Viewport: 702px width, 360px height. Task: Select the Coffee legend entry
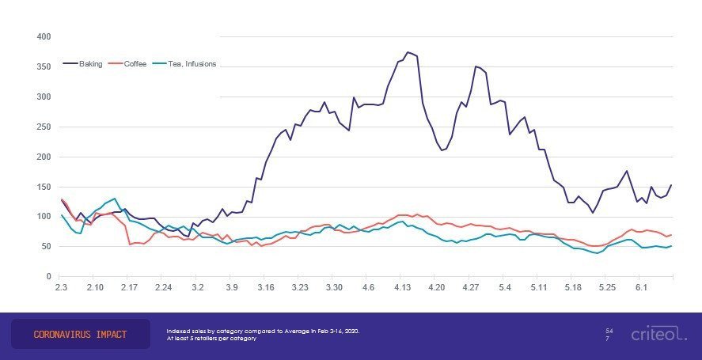tap(135, 63)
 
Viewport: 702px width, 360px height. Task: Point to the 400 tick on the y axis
tap(44, 37)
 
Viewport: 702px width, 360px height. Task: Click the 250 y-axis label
tap(44, 127)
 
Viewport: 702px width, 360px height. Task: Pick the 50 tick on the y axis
tap(46, 247)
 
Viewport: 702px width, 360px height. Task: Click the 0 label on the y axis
tap(48, 276)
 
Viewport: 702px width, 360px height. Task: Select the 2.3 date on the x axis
tap(62, 289)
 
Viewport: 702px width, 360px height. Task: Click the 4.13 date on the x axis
tap(404, 289)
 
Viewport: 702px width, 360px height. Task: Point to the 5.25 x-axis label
tap(607, 289)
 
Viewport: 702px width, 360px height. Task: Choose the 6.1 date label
tap(641, 289)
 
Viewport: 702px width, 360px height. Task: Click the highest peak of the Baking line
tap(408, 52)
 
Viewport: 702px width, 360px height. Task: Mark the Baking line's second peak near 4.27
tap(476, 66)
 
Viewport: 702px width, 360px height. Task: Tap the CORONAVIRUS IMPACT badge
tap(80, 335)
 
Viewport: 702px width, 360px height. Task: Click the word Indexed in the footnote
tap(179, 331)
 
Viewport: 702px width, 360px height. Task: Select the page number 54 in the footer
tap(609, 330)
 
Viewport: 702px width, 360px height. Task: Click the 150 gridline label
tap(44, 187)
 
